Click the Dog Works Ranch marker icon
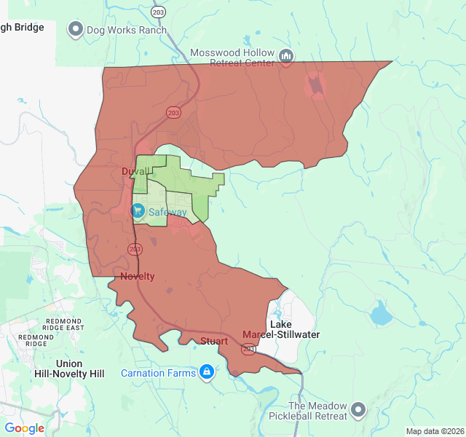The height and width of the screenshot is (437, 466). pos(76,30)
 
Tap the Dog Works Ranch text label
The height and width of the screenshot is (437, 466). pos(126,31)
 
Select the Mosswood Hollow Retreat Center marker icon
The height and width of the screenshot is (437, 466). pos(286,55)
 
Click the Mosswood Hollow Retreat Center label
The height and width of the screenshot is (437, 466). pos(232,58)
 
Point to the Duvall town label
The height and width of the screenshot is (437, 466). pos(135,171)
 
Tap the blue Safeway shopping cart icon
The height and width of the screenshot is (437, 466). pos(138,210)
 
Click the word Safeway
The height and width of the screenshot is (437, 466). pos(167,212)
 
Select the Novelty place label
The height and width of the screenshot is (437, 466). pos(137,276)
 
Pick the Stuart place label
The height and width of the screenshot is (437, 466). pos(213,341)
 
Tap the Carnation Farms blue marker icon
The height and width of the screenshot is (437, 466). pos(207,372)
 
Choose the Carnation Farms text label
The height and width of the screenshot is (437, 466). pos(158,373)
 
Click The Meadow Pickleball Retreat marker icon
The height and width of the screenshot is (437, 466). pos(358,410)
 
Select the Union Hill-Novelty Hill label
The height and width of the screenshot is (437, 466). pos(69,369)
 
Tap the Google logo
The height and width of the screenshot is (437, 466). pos(25,428)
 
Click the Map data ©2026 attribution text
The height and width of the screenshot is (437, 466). pos(435,431)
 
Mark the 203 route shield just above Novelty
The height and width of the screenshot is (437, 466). pos(134,249)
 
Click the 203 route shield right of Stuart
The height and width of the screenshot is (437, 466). pos(248,350)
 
